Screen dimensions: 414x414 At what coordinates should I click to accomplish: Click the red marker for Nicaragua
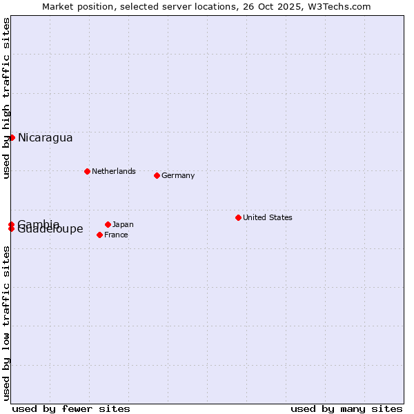click(x=12, y=138)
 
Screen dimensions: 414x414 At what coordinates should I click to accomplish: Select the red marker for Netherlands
click(x=87, y=171)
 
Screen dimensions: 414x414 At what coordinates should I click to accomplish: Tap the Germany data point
click(x=157, y=175)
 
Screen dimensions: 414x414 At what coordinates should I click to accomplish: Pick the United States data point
click(x=238, y=217)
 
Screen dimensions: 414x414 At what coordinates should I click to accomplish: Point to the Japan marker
click(x=108, y=224)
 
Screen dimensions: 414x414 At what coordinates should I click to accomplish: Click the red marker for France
click(x=100, y=235)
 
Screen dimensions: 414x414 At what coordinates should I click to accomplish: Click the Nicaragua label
click(x=45, y=138)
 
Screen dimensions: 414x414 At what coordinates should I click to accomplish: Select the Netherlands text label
click(x=113, y=171)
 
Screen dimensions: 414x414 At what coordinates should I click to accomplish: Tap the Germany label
click(x=178, y=175)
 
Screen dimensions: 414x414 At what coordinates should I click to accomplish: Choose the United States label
click(x=267, y=217)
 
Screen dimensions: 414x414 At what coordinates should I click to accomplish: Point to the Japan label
click(x=123, y=224)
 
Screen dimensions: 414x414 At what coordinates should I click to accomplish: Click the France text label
click(x=116, y=235)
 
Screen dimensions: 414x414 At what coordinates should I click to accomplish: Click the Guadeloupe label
click(x=50, y=230)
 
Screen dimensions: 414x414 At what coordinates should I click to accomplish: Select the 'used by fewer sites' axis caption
click(x=71, y=408)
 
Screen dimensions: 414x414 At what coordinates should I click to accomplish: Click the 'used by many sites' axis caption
click(x=346, y=408)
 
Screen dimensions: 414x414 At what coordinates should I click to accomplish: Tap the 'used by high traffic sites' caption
click(x=6, y=99)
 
